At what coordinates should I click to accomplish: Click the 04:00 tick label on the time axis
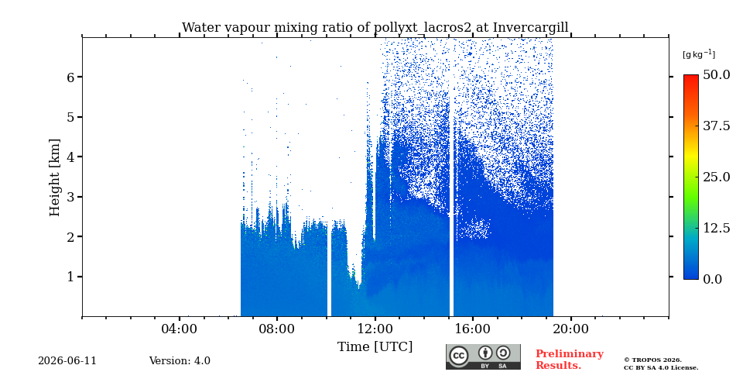[x=179, y=329]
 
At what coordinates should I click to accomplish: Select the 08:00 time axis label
[x=277, y=329]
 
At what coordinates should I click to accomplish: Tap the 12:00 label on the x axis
[x=375, y=329]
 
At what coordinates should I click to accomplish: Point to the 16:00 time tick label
[x=472, y=329]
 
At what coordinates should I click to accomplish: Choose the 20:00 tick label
[x=570, y=329]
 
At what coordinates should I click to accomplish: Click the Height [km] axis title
[x=55, y=177]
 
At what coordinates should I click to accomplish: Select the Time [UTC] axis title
[x=375, y=347]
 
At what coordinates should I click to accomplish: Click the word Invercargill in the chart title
[x=531, y=28]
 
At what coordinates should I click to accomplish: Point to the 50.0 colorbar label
[x=717, y=74]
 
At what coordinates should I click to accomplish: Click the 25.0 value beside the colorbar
[x=717, y=177]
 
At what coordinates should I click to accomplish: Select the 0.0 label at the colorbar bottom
[x=713, y=279]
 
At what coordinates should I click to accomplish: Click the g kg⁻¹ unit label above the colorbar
[x=698, y=54]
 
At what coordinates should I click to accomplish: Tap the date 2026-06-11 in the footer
[x=67, y=361]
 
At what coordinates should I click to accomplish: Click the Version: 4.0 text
[x=180, y=361]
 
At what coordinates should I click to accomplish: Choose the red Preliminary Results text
[x=570, y=360]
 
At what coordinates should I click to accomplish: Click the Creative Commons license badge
[x=483, y=356]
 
